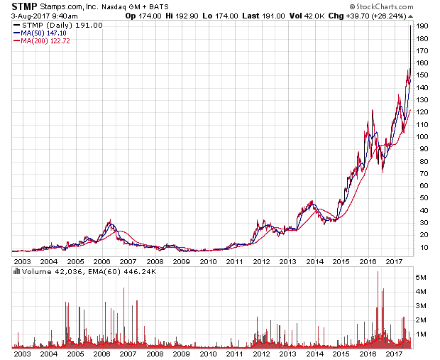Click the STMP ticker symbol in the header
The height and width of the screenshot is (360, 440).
click(x=23, y=6)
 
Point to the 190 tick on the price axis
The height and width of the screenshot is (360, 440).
click(x=423, y=26)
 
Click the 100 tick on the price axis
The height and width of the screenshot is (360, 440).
click(x=423, y=136)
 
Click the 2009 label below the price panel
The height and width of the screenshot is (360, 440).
click(x=181, y=261)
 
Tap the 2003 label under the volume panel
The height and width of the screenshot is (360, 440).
click(x=22, y=353)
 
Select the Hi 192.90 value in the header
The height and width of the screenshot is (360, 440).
click(x=173, y=14)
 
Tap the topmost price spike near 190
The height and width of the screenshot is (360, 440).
click(x=410, y=26)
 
